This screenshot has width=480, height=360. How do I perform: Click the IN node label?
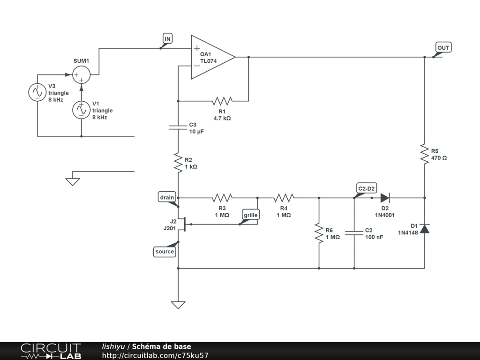point(167,38)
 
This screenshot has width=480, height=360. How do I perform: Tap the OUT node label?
point(443,48)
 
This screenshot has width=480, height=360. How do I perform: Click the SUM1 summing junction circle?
point(81,75)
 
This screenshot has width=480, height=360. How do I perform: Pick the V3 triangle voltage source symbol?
point(37,92)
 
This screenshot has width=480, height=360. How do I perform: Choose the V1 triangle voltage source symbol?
point(81,110)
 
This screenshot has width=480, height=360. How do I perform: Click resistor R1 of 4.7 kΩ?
point(222,100)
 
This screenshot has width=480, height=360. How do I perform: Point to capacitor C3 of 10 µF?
point(178,127)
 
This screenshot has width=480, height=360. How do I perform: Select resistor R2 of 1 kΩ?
point(178,162)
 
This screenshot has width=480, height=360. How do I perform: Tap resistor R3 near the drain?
point(222,198)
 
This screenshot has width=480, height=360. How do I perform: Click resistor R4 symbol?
point(284,198)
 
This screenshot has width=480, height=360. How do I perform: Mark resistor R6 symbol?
point(319,233)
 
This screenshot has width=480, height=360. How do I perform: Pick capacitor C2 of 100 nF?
point(354,233)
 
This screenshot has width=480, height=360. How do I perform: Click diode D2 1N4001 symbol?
point(385,198)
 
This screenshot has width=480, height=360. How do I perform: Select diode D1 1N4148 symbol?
point(424,229)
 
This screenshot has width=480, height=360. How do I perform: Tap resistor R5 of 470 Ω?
point(424,153)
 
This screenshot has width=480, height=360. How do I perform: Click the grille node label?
point(251,215)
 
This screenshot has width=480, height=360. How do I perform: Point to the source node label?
point(165,252)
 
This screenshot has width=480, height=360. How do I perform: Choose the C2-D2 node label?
point(367,188)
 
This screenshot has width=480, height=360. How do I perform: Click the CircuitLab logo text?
point(51,351)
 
